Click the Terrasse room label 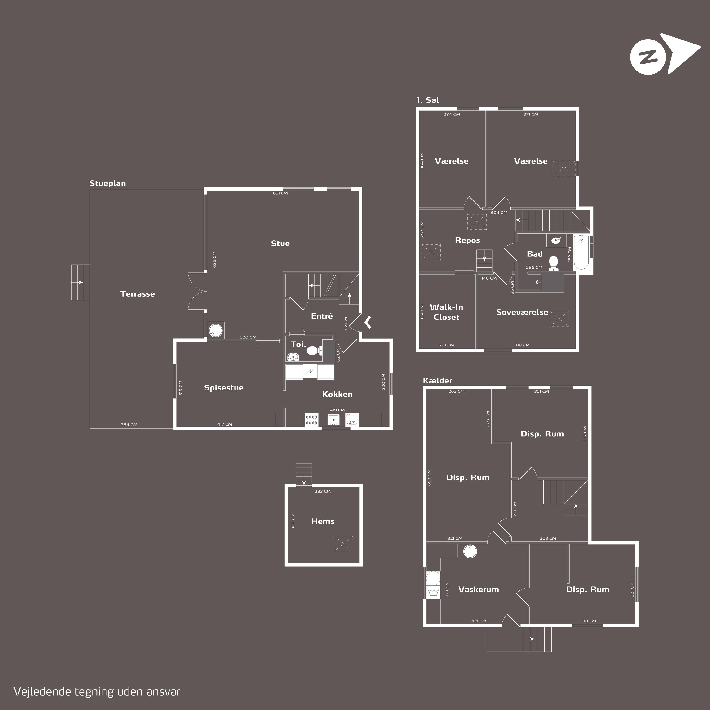(x=138, y=294)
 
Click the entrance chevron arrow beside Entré (x=368, y=322)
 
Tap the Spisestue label (x=224, y=388)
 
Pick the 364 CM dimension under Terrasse (x=129, y=424)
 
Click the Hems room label (x=323, y=521)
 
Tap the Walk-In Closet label (x=447, y=312)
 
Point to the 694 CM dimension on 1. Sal (x=499, y=213)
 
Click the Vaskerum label (x=479, y=589)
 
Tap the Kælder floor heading (x=438, y=381)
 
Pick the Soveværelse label (x=522, y=312)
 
